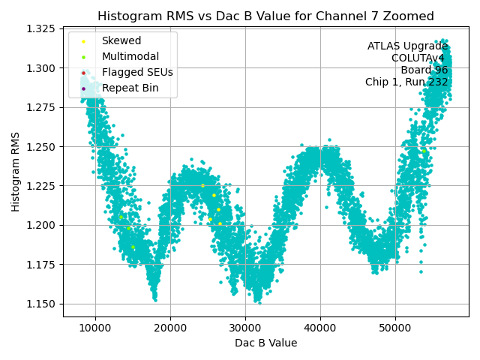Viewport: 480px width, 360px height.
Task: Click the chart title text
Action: click(265, 16)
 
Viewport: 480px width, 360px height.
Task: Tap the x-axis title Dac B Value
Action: click(265, 343)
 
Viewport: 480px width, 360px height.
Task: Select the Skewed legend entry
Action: click(121, 40)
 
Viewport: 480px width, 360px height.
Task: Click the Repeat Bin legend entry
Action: click(130, 88)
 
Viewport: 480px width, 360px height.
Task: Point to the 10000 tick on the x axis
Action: click(95, 328)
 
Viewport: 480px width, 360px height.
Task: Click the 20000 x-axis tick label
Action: click(170, 328)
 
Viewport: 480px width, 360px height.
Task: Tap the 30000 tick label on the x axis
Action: click(245, 328)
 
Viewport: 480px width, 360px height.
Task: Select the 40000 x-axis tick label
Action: click(320, 328)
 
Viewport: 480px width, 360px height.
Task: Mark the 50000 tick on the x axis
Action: click(395, 328)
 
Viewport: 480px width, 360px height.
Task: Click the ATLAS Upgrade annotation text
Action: click(407, 46)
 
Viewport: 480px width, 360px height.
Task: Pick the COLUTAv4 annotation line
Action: click(419, 58)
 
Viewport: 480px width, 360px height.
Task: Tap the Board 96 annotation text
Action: click(424, 70)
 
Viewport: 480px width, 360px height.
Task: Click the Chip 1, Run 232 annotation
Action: click(406, 82)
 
